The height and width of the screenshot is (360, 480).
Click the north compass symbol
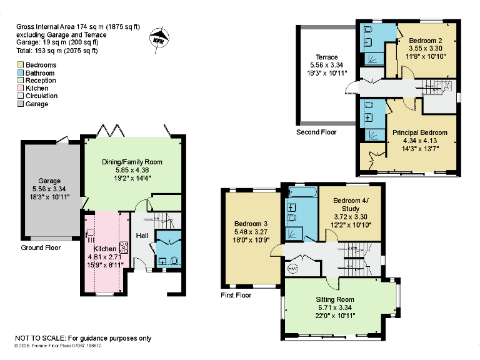[x=159, y=38]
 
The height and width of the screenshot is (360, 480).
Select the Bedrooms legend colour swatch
[x=21, y=65]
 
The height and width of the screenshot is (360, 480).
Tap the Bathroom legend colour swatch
[x=21, y=72]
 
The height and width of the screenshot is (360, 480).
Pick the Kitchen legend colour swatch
[x=21, y=88]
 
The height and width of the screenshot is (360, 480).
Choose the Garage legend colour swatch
[x=21, y=104]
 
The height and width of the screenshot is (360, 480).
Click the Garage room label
[x=49, y=181]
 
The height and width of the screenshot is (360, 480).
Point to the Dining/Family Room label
[x=132, y=162]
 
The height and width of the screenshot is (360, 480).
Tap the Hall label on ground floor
[x=142, y=236]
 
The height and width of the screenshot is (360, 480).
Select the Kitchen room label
[x=105, y=249]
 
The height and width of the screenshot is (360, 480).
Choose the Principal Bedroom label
[x=419, y=132]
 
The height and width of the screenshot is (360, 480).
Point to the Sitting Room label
[x=335, y=300]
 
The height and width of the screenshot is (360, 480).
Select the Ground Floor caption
[x=41, y=247]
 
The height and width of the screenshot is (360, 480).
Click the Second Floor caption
[x=316, y=132]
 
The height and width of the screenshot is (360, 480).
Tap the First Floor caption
[x=236, y=295]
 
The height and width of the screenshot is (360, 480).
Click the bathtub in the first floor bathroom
[x=301, y=191]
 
